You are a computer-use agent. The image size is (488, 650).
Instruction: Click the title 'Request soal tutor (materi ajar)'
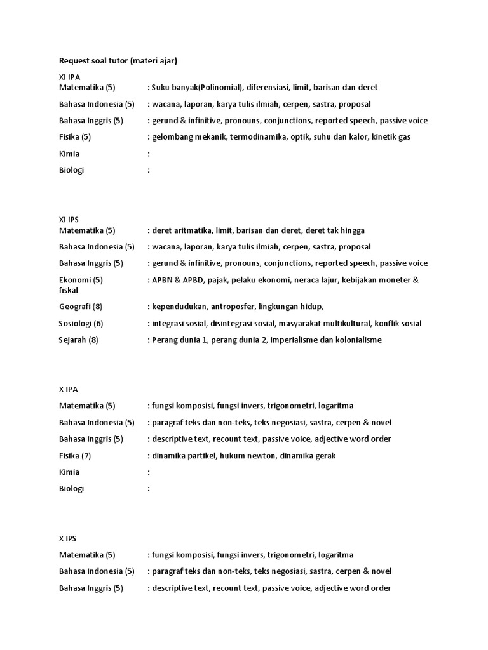click(118, 61)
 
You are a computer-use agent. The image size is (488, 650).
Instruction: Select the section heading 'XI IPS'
click(69, 220)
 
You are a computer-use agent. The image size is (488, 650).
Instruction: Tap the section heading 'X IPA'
click(68, 389)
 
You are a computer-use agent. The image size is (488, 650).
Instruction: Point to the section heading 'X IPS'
click(67, 538)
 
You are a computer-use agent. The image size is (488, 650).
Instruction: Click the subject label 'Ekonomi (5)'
click(81, 280)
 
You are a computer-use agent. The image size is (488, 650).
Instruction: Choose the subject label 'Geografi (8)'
click(81, 307)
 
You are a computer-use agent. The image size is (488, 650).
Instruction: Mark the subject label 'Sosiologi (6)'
click(81, 323)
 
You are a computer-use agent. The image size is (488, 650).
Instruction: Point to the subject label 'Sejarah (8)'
click(79, 340)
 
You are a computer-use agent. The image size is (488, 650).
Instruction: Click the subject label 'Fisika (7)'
click(75, 455)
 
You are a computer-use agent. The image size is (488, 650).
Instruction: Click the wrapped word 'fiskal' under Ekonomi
click(69, 290)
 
